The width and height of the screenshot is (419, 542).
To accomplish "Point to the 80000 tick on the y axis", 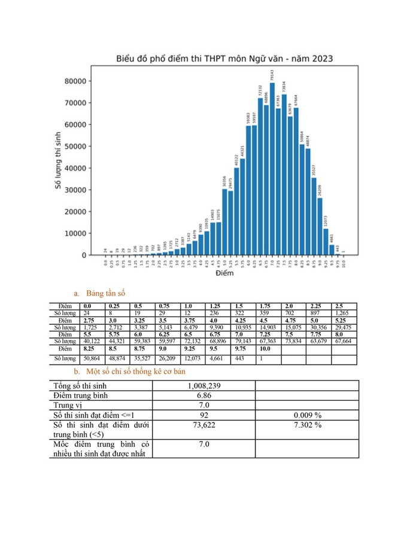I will [78, 81].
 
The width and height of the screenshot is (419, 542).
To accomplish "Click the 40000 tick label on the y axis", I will [78, 168].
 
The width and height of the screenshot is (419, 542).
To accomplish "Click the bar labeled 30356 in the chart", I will [224, 222].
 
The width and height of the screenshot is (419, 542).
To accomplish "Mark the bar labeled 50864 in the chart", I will [301, 199].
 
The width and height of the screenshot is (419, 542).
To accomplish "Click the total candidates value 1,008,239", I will [204, 386].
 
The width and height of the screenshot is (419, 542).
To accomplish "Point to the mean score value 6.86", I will [204, 395].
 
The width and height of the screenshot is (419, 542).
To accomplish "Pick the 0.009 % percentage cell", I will [307, 415].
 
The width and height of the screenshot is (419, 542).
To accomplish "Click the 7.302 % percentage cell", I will [307, 425].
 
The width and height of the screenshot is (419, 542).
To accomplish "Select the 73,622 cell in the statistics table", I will [204, 425].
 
